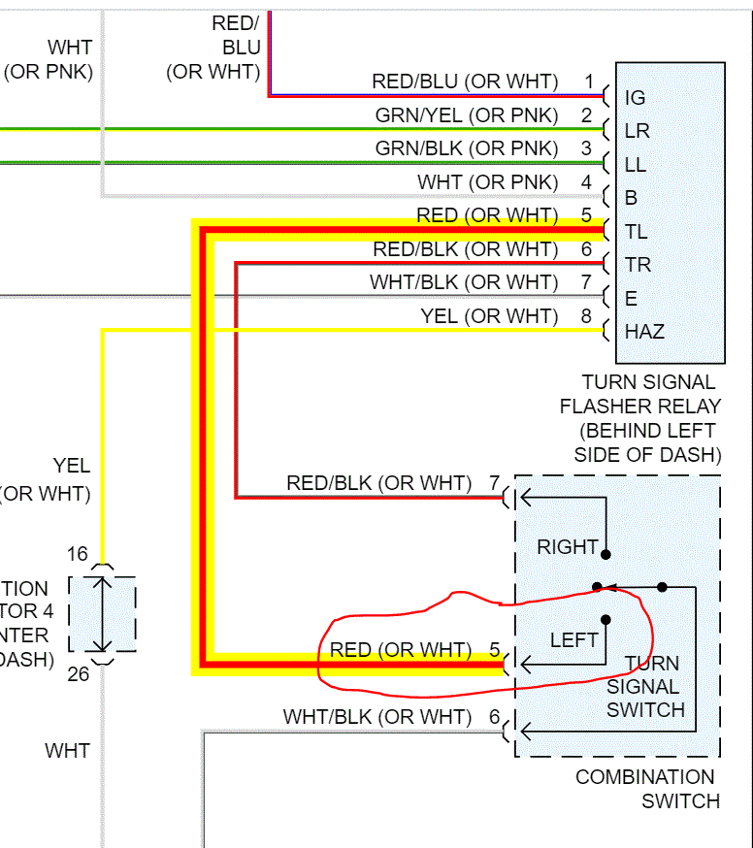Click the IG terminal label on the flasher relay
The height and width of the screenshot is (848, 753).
point(636,97)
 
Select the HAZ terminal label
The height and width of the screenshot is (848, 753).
point(644,331)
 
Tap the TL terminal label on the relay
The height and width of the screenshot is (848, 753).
point(637,231)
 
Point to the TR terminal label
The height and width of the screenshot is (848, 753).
point(638,264)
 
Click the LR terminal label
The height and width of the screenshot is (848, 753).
point(637,131)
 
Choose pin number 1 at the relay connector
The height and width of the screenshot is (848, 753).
point(588,82)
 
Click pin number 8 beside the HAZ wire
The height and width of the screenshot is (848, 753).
point(586,315)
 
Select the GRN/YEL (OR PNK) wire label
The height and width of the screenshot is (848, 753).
point(467,115)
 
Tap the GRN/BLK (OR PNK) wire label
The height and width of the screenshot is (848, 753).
point(467,148)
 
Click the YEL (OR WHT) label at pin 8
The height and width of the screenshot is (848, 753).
point(489,315)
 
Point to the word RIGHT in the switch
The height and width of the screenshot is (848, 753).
point(568,547)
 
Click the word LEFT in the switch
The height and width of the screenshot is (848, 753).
point(574,640)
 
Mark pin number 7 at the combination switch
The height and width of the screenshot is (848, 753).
point(493,482)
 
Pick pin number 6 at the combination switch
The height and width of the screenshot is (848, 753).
point(493,717)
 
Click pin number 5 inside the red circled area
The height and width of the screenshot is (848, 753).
point(493,649)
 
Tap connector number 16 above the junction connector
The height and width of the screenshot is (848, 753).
point(78,554)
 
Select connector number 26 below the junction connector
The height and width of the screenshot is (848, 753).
point(78,672)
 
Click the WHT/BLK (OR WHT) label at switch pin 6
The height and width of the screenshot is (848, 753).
point(377,717)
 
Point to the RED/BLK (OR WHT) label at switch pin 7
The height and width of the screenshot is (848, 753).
point(378,482)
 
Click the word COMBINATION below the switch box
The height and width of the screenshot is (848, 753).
point(645,777)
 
